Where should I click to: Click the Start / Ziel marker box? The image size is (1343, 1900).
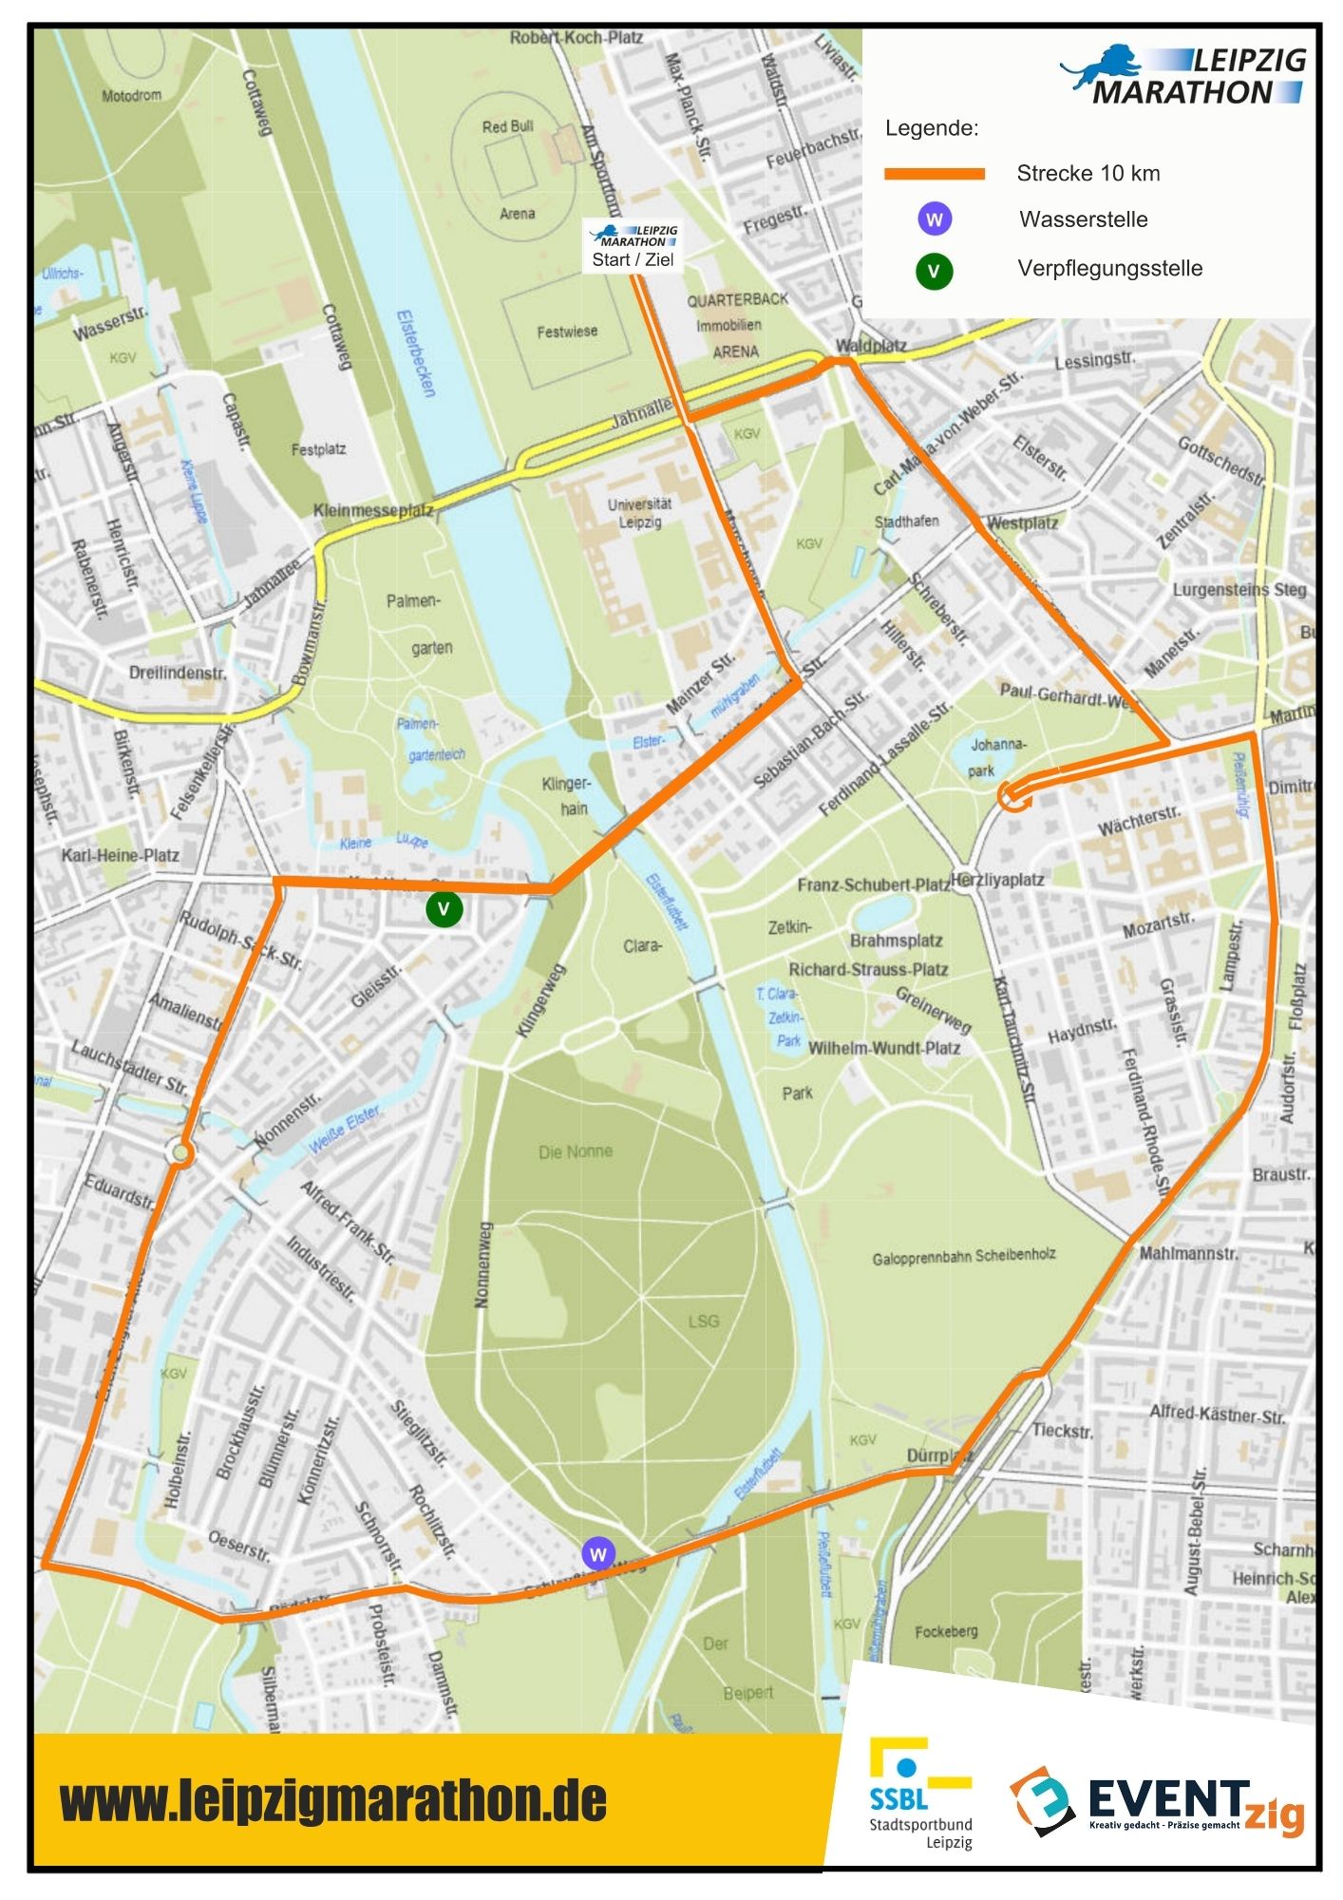tap(633, 247)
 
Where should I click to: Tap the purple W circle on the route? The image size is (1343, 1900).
tap(597, 1554)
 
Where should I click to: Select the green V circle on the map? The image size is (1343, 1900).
tap(444, 909)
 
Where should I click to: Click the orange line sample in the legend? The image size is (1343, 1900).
tap(935, 174)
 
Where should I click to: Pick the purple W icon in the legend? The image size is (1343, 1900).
tap(935, 219)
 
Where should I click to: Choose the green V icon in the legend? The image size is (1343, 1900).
tap(935, 272)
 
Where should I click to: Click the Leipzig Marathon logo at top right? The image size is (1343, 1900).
tap(1184, 75)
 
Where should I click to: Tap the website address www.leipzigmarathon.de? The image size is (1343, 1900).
tap(332, 1801)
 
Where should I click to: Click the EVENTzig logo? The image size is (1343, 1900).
tap(1156, 1802)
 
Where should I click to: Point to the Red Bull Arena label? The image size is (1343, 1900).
tap(509, 169)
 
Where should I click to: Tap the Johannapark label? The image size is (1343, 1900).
tap(996, 757)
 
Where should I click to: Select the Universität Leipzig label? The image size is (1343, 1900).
tap(639, 513)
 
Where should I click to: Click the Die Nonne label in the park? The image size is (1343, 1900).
tap(576, 1151)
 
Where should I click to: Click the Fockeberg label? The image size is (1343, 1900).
tap(946, 1631)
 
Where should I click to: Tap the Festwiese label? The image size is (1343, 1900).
tap(567, 332)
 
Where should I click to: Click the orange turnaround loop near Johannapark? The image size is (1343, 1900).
tap(1013, 797)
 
